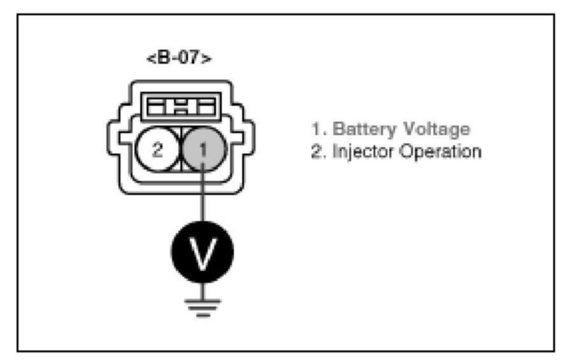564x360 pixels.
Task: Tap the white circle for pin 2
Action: pos(158,150)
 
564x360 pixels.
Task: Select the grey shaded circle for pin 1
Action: pos(202,150)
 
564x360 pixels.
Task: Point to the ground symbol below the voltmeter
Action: pos(202,306)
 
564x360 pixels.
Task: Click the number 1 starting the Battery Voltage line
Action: pos(315,130)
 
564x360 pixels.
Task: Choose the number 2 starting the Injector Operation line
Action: pos(315,153)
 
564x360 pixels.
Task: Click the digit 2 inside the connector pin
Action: pos(158,151)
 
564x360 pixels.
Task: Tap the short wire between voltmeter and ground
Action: pos(202,291)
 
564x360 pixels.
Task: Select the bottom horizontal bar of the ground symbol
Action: pos(202,313)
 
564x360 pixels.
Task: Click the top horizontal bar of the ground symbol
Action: pos(202,299)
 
